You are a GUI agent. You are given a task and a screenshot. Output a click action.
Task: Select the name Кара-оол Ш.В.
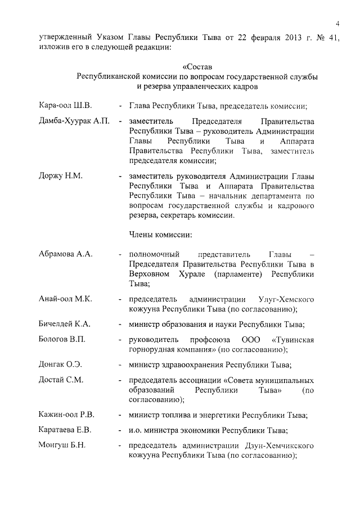click(x=65, y=105)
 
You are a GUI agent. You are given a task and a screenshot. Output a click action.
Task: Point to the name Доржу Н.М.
click(x=61, y=176)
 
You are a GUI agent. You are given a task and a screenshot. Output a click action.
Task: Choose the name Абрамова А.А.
click(x=65, y=254)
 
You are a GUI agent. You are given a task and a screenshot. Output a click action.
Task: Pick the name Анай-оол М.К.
click(x=65, y=298)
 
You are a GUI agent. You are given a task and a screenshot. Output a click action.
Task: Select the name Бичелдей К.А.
click(x=65, y=325)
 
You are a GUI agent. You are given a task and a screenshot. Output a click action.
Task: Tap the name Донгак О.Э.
click(x=61, y=364)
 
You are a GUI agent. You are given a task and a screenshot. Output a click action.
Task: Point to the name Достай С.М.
click(x=61, y=380)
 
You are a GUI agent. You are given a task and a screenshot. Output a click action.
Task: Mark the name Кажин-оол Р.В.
click(x=66, y=415)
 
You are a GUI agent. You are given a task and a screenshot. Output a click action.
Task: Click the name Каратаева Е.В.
click(x=65, y=430)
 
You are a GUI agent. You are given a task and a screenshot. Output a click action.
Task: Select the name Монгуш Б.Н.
click(x=62, y=445)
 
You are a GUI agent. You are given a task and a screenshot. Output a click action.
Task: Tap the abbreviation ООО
click(x=251, y=340)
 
